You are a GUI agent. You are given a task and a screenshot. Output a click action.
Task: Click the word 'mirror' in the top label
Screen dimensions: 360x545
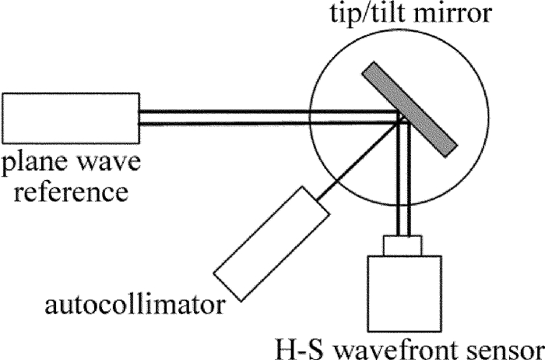[x=452, y=15]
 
